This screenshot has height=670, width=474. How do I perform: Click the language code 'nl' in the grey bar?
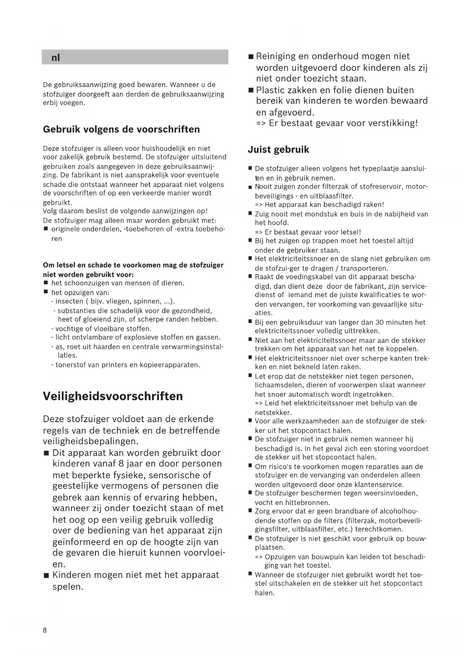click(x=56, y=58)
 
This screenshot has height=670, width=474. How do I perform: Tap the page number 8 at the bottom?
click(x=45, y=630)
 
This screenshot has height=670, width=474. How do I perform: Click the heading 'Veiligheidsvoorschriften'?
click(x=113, y=396)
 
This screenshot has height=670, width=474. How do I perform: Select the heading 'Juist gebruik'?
click(x=278, y=149)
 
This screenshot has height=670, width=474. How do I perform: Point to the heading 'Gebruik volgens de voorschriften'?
click(x=121, y=129)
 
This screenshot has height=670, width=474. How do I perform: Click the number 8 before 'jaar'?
click(x=122, y=464)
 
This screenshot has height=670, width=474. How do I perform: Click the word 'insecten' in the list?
click(x=70, y=301)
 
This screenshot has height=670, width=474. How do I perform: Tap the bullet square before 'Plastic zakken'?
click(x=251, y=91)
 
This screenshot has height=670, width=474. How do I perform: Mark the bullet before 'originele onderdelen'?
click(x=45, y=229)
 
